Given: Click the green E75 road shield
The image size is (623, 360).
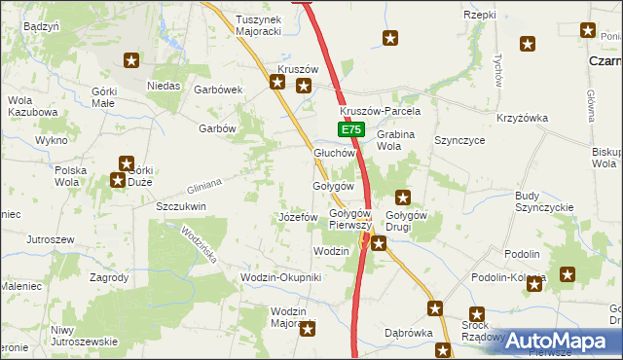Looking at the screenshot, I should click(352, 129).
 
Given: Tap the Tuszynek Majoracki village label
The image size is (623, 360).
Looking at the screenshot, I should click(258, 24).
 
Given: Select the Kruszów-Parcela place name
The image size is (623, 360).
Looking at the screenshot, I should click(380, 111).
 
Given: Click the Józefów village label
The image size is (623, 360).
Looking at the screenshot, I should click(298, 216).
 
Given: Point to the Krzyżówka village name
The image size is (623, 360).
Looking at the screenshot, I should click(523, 118).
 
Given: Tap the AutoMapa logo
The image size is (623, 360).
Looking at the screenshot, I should click(560, 341).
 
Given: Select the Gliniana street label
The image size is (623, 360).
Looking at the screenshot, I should click(205, 182).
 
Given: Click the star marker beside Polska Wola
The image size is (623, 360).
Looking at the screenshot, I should click(117, 180).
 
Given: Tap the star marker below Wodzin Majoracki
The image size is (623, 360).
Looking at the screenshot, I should click(309, 330).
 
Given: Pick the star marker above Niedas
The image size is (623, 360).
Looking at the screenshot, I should click(131, 60).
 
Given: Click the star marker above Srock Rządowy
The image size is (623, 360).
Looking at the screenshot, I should click(476, 313).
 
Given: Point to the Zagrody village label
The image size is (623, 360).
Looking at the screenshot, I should click(109, 277).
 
